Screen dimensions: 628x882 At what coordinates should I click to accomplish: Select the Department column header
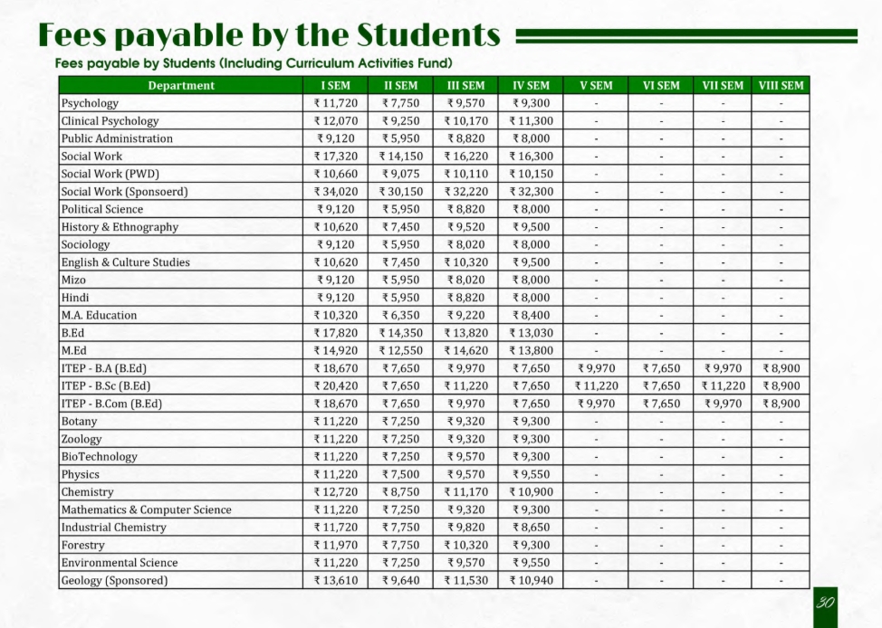click(x=181, y=86)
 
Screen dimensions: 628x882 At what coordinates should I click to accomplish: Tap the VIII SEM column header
click(x=781, y=86)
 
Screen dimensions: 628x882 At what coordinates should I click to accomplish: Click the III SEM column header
click(x=465, y=86)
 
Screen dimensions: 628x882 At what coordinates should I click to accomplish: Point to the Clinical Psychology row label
click(x=110, y=121)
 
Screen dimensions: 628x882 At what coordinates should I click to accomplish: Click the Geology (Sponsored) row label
click(x=114, y=580)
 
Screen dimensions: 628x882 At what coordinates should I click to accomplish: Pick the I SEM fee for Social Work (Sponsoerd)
click(x=336, y=192)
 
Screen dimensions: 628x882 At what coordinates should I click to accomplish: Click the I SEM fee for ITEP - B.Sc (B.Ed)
click(x=336, y=385)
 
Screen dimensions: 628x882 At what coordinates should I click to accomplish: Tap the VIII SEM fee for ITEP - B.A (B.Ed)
click(x=781, y=368)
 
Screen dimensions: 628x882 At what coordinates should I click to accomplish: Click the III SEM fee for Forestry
click(x=465, y=545)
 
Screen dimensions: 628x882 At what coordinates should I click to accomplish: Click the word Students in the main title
click(x=429, y=35)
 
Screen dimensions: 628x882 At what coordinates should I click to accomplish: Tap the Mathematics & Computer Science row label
click(x=146, y=509)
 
